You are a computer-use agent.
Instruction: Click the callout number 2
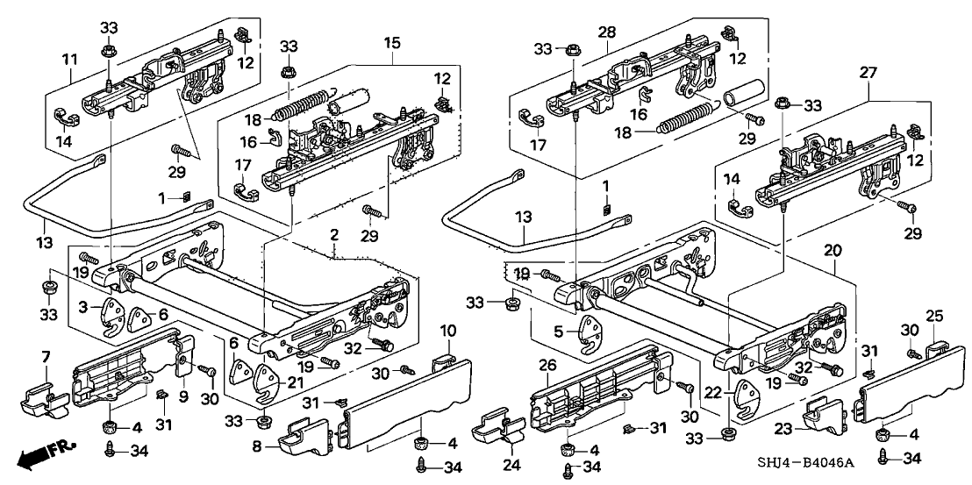click(334, 235)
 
